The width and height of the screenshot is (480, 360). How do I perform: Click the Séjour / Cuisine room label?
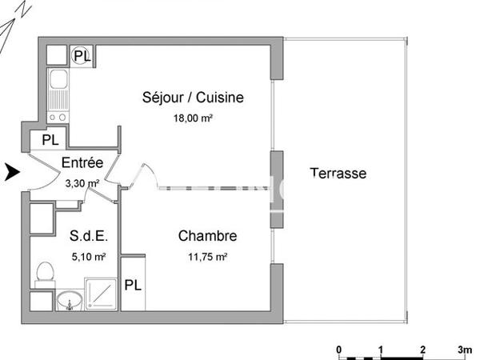pos(192,98)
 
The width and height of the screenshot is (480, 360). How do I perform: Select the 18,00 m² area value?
pos(192,118)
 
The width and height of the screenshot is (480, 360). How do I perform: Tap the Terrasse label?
pos(338,173)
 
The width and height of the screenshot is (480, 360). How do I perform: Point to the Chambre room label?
pos(207,236)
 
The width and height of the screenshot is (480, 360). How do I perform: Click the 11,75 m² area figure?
pos(207,257)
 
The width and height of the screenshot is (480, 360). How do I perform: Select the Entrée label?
pos(83,163)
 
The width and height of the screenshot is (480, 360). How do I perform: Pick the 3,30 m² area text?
pos(82,183)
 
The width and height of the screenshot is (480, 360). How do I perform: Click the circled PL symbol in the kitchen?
pos(82,55)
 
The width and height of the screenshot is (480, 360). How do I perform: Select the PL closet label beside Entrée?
pos(50,139)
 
